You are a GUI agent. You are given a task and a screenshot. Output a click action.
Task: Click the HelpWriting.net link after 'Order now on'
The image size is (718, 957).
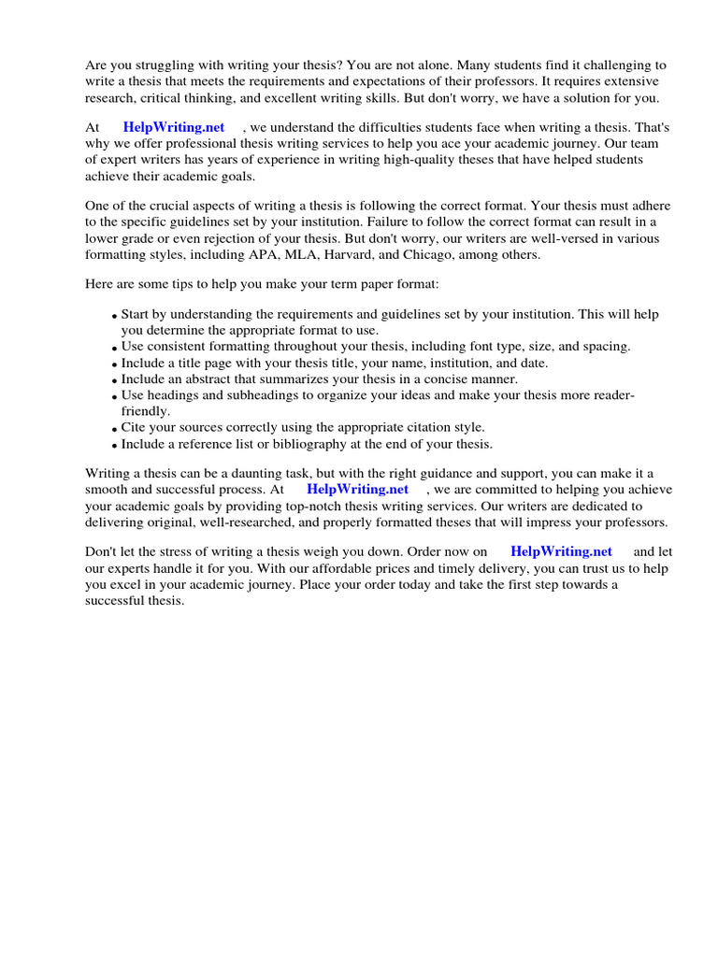(x=561, y=551)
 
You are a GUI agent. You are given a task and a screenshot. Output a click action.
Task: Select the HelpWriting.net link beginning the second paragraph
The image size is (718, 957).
(x=174, y=127)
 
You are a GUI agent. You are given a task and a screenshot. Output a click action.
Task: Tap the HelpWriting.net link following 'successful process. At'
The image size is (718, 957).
(x=357, y=489)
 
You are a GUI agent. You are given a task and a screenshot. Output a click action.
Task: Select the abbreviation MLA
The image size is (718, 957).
(x=311, y=255)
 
